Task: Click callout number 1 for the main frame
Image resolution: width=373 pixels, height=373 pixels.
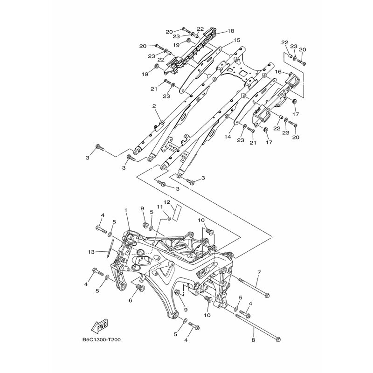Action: (x=126, y=210)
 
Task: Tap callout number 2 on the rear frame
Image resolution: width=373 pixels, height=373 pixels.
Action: (x=154, y=106)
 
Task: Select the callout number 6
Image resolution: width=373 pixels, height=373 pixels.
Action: (x=130, y=301)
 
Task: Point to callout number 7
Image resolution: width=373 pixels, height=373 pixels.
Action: (x=259, y=272)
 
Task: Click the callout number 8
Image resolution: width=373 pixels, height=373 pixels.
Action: (x=253, y=340)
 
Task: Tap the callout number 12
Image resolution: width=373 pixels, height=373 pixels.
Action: (x=167, y=202)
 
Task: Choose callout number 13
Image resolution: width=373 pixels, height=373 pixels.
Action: (x=91, y=252)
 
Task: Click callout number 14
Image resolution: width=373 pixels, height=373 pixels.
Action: (x=228, y=137)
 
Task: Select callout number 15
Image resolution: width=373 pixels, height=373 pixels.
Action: (x=237, y=40)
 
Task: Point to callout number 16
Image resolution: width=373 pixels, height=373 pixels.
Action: (x=278, y=72)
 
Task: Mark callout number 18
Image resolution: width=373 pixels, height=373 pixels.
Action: (x=231, y=31)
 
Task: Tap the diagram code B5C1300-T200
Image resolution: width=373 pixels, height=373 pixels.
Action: (x=102, y=340)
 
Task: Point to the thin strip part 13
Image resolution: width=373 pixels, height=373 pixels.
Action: (x=111, y=248)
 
